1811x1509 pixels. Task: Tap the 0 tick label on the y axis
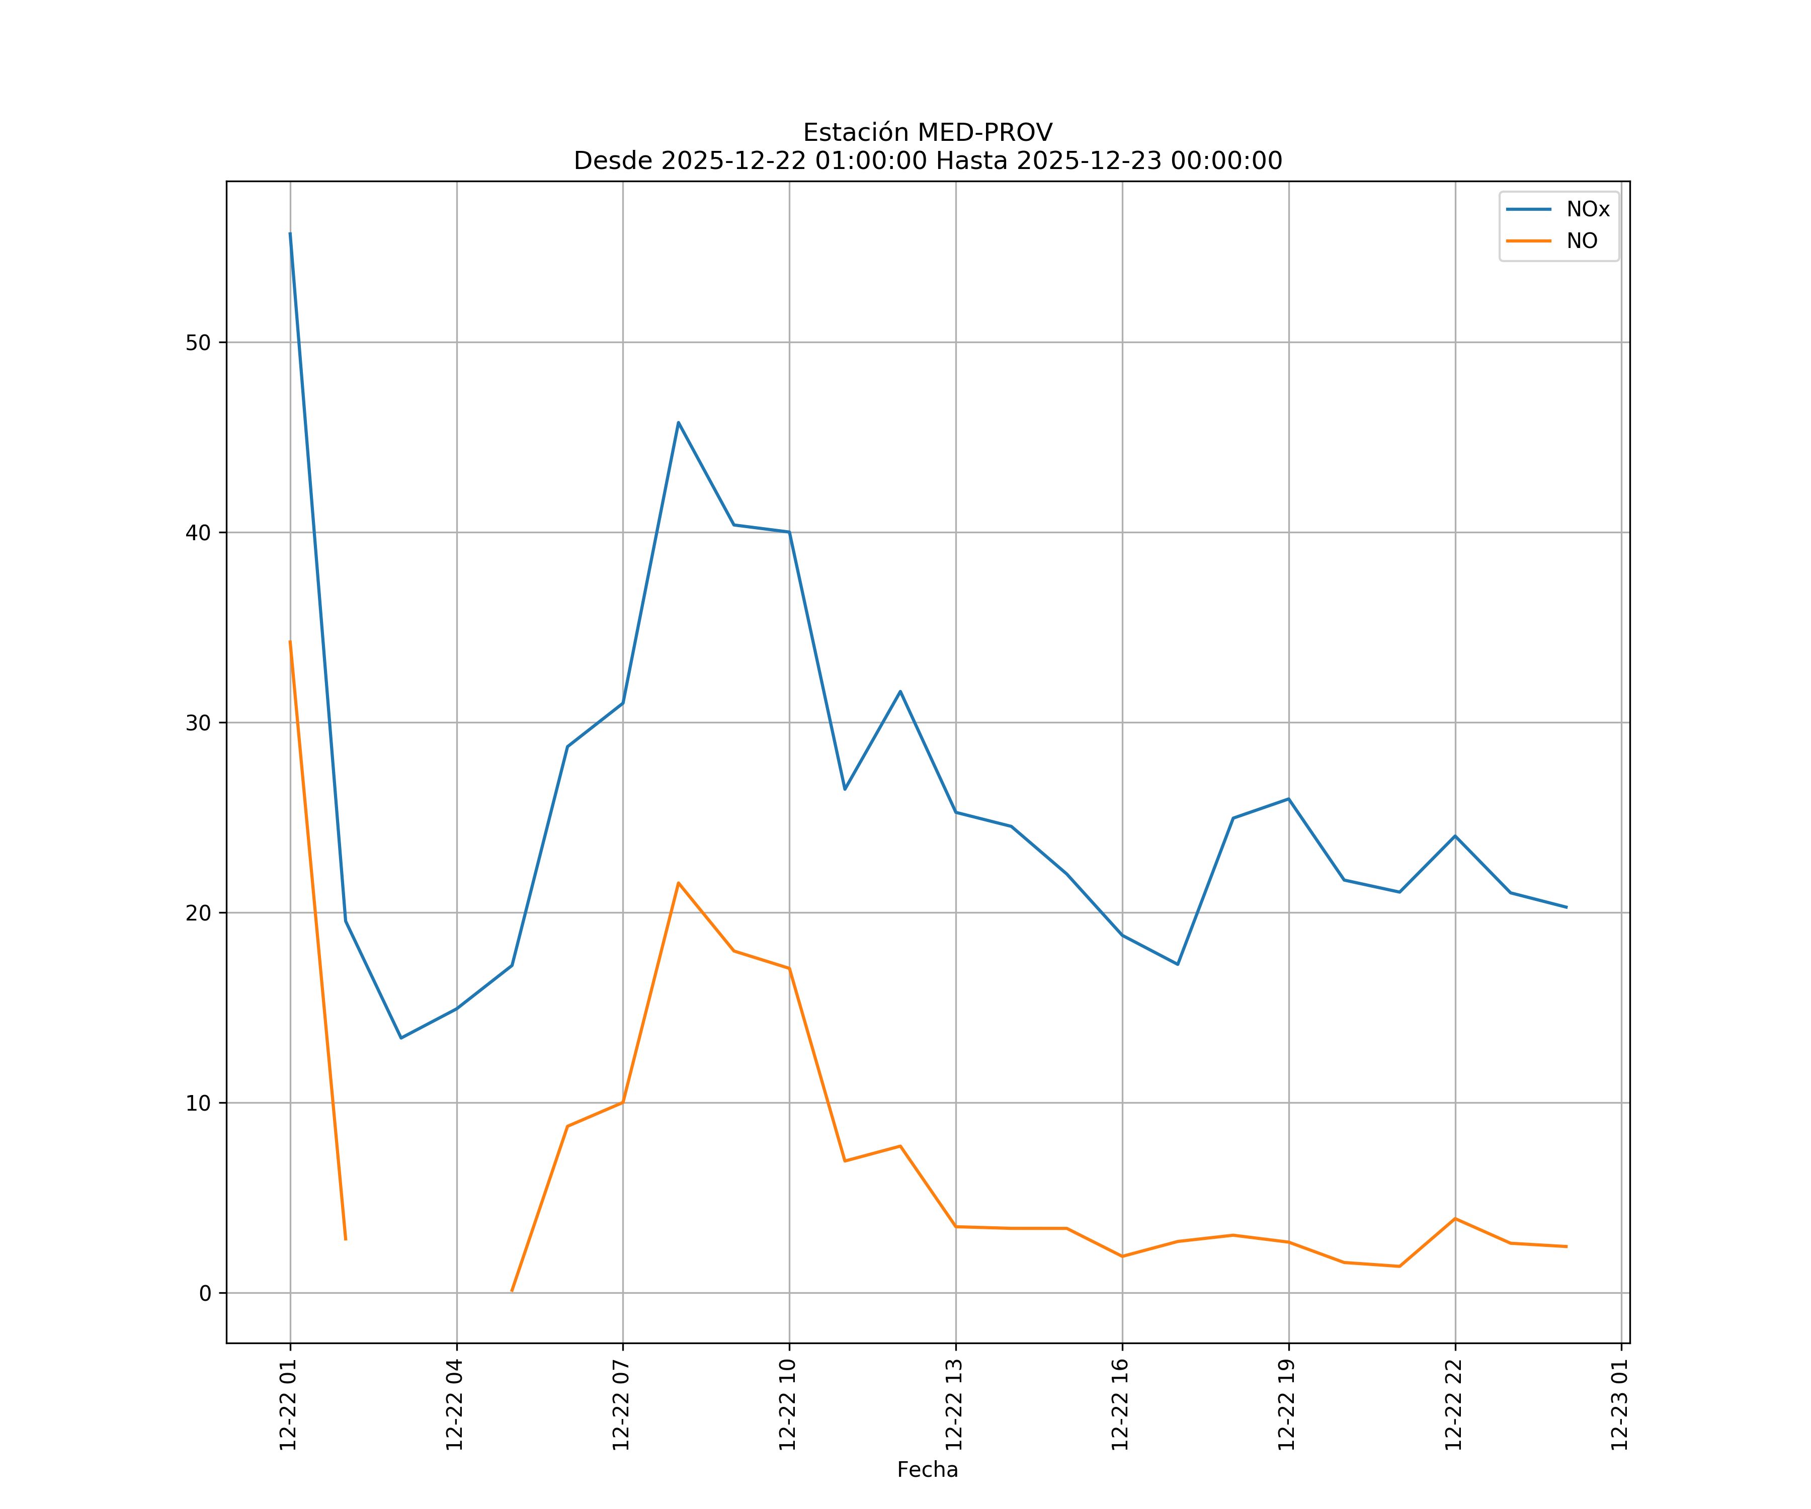click(x=205, y=1293)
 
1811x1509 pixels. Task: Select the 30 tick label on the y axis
click(x=198, y=723)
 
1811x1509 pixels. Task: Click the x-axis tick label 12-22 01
click(x=288, y=1405)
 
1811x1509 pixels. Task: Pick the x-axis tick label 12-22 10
click(x=787, y=1405)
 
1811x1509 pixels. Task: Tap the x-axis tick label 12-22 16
click(x=1120, y=1405)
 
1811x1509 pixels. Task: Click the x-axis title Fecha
click(x=927, y=1469)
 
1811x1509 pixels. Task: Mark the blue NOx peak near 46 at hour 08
click(x=679, y=423)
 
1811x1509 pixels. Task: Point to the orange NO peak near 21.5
click(x=679, y=883)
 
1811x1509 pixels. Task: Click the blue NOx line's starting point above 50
click(x=290, y=233)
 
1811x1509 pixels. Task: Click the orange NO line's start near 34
click(x=290, y=641)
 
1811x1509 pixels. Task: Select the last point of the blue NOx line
click(x=1566, y=907)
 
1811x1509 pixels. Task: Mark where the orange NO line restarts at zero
click(x=512, y=1291)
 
